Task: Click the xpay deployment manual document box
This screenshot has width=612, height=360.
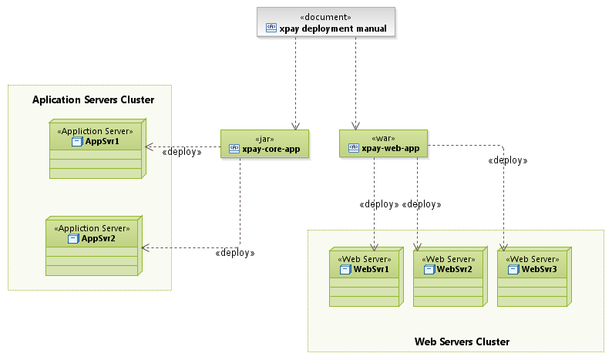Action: click(x=325, y=22)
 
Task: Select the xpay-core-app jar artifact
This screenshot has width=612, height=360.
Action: click(x=264, y=144)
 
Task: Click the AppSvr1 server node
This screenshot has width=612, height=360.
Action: click(x=96, y=149)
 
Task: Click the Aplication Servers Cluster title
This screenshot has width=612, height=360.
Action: click(x=93, y=99)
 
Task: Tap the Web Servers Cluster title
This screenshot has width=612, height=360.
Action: click(x=462, y=341)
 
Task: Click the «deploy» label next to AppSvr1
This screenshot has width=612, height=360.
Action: click(x=182, y=152)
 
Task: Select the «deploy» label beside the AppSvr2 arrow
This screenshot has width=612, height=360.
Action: click(x=235, y=252)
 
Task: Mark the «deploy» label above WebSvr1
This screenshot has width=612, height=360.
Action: click(x=378, y=204)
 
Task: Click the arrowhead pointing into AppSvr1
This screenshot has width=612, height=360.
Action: click(x=150, y=146)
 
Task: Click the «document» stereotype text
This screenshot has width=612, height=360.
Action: click(x=326, y=16)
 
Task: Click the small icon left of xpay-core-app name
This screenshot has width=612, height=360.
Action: click(x=234, y=150)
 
